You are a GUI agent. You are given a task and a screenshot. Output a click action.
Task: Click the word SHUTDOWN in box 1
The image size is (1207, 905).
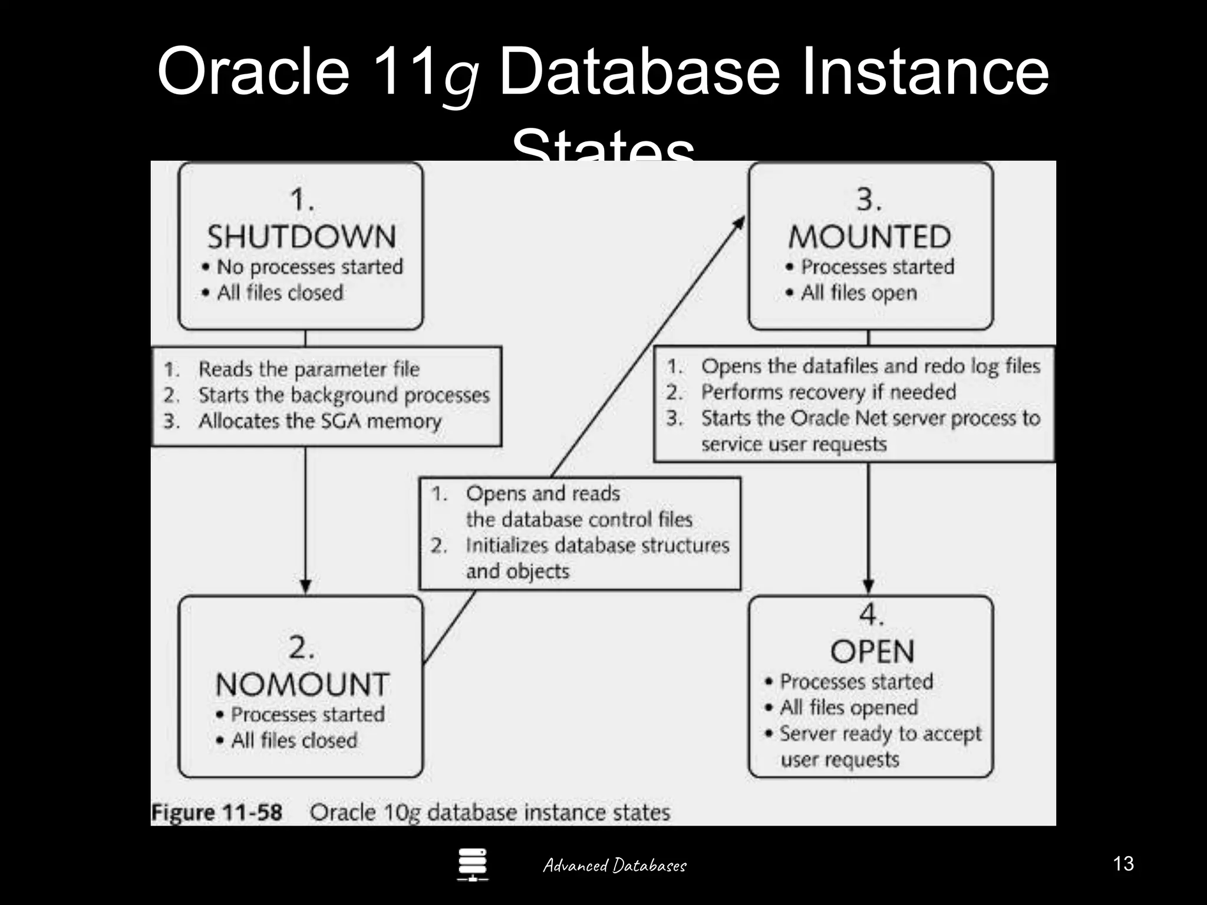301,237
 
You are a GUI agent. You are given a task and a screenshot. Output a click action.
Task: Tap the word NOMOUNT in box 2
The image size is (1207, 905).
302,685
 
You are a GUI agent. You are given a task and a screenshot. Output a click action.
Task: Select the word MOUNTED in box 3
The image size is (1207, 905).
870,237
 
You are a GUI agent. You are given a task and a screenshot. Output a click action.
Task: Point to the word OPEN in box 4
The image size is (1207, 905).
872,652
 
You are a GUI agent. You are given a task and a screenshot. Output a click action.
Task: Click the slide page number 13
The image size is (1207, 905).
1123,864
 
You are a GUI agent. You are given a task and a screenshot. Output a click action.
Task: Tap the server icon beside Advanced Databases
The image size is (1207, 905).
473,864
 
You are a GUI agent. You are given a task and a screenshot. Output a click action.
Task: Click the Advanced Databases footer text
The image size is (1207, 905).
614,866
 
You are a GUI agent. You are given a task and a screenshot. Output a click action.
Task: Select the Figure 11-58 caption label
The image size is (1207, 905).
217,812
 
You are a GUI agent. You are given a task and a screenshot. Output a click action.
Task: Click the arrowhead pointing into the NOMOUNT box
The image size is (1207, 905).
305,586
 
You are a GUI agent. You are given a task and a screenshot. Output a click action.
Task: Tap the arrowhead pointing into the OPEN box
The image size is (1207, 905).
868,586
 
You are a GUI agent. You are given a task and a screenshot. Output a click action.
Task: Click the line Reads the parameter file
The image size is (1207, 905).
309,369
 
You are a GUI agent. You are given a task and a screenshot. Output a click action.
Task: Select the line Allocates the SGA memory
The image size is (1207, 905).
319,421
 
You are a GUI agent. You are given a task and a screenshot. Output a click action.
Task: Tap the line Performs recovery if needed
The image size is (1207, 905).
828,392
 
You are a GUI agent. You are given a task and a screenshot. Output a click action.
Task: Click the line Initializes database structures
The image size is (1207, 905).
597,546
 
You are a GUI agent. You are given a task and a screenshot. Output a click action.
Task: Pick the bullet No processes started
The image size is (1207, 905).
309,267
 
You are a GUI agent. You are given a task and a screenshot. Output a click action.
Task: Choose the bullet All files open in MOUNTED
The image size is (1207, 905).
858,293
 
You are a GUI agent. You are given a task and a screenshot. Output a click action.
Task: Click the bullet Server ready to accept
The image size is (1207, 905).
880,734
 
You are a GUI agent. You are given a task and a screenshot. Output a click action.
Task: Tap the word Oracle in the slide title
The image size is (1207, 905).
253,72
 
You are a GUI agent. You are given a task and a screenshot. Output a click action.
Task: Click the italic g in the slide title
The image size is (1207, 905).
460,80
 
